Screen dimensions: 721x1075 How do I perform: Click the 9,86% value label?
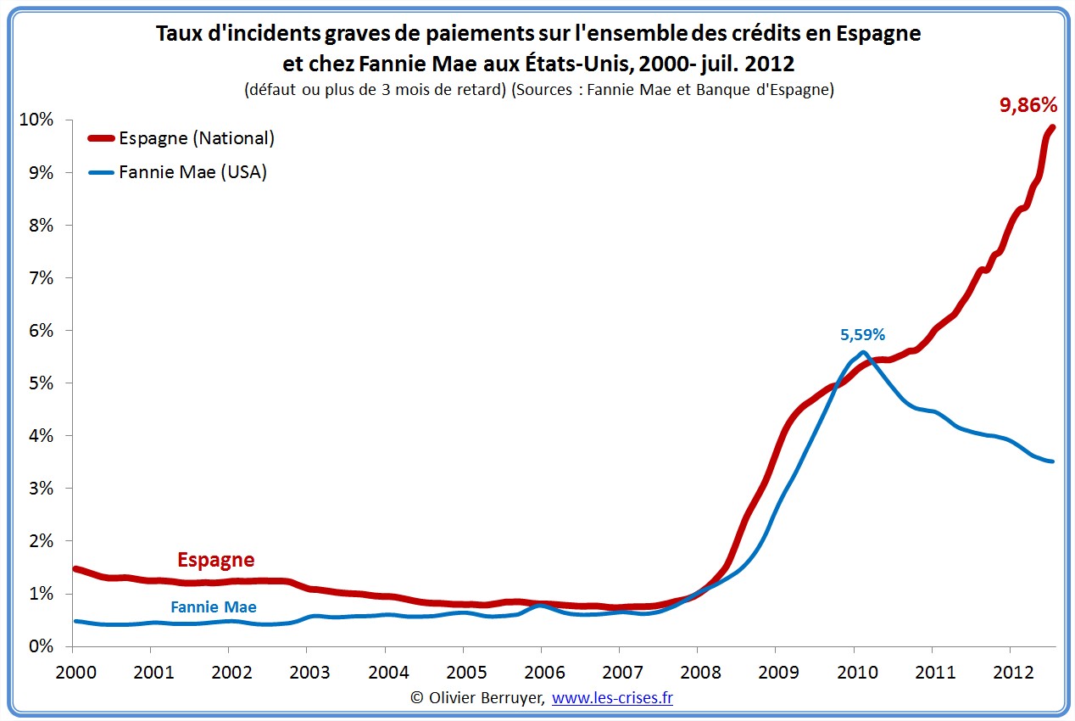pyautogui.click(x=1028, y=105)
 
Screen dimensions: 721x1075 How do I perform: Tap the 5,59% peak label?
pyautogui.click(x=862, y=335)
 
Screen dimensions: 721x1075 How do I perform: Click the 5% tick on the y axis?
pyautogui.click(x=39, y=383)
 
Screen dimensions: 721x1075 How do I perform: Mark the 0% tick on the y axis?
pyautogui.click(x=39, y=646)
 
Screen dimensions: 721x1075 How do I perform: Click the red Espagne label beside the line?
pyautogui.click(x=215, y=560)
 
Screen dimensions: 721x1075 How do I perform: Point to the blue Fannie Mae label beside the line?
pyautogui.click(x=213, y=607)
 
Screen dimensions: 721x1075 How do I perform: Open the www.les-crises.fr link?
pyautogui.click(x=612, y=697)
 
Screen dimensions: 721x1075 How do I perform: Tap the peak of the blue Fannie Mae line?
pyautogui.click(x=862, y=352)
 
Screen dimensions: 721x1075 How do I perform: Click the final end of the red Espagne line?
pyautogui.click(x=1053, y=127)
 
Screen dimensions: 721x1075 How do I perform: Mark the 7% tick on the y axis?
pyautogui.click(x=39, y=278)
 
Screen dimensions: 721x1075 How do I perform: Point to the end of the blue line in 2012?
pyautogui.click(x=1052, y=461)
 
